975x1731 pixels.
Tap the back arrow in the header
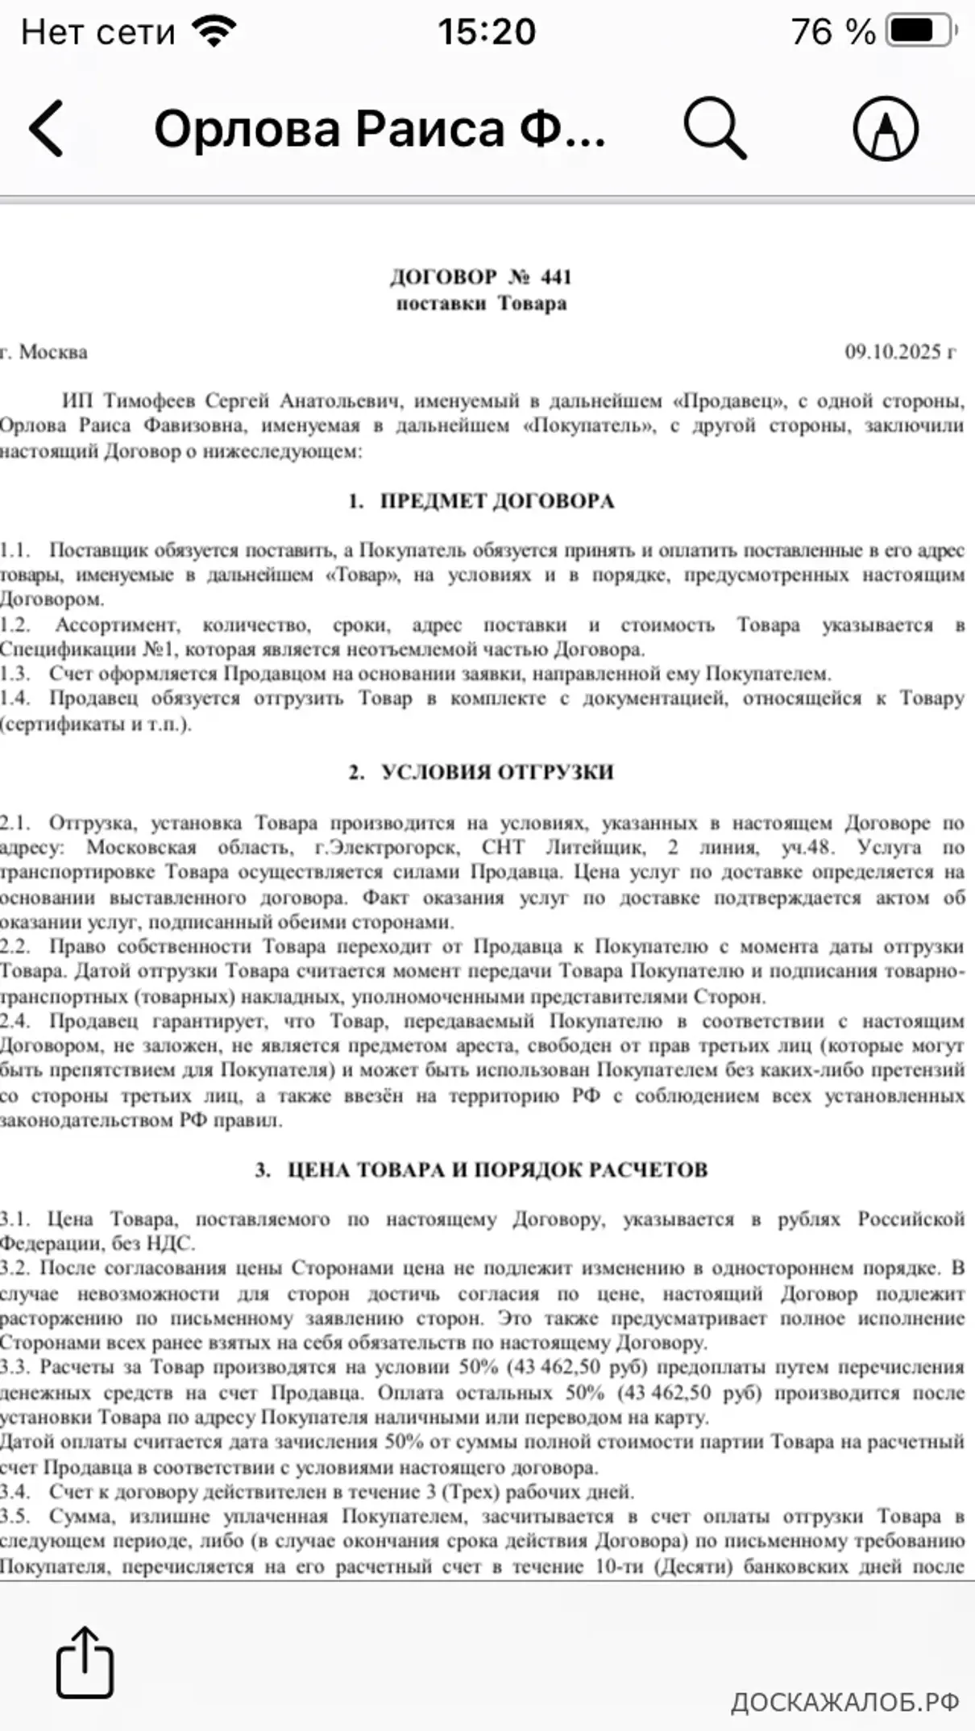click(x=47, y=129)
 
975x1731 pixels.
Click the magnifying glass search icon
click(x=715, y=129)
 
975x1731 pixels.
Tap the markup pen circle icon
click(x=886, y=129)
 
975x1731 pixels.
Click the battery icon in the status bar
click(x=921, y=32)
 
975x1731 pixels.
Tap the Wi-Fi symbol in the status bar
click(x=214, y=32)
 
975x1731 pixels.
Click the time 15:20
click(x=487, y=32)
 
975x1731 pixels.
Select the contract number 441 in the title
click(x=556, y=277)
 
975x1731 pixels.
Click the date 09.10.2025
click(x=893, y=352)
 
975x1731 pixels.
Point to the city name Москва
click(x=53, y=352)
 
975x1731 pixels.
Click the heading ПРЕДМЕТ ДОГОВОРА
click(x=496, y=501)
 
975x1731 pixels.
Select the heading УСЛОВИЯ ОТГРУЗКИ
click(x=496, y=772)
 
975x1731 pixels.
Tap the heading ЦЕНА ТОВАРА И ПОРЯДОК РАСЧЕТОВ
click(x=497, y=1170)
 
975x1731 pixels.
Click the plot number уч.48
click(x=807, y=848)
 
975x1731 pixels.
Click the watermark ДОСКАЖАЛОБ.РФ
click(x=844, y=1702)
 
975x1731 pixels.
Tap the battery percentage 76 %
click(x=832, y=32)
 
